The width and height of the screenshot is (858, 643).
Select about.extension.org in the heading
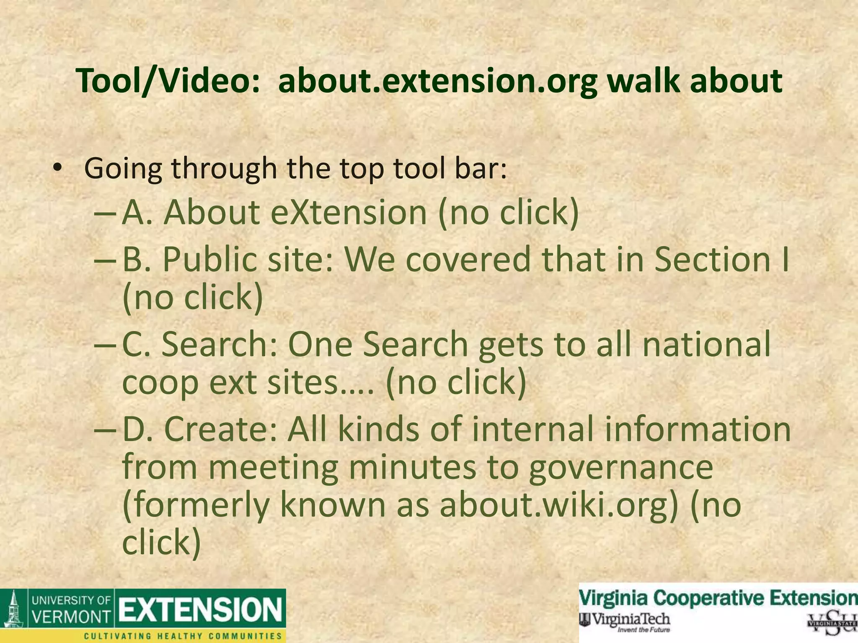point(437,81)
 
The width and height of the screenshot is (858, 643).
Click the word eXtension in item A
point(349,212)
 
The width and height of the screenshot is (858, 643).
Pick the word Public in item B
point(209,260)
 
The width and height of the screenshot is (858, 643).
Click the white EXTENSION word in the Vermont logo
point(200,610)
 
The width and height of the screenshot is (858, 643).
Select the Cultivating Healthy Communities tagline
point(183,636)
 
